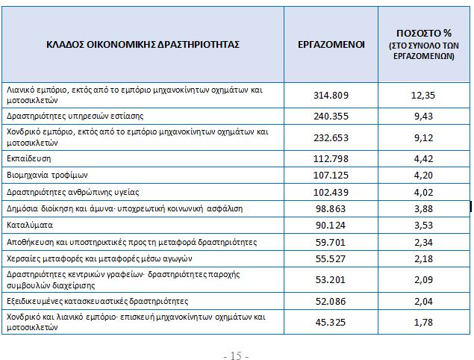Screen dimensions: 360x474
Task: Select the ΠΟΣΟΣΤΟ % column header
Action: pyautogui.click(x=422, y=45)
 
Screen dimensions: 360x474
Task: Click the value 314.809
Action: pyautogui.click(x=330, y=94)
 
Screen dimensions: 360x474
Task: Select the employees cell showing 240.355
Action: pyautogui.click(x=330, y=116)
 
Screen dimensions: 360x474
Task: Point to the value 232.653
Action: pyautogui.click(x=330, y=137)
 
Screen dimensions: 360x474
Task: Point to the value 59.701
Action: pyautogui.click(x=330, y=242)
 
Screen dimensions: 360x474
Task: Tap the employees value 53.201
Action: pyautogui.click(x=330, y=279)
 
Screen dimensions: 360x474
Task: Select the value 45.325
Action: pyautogui.click(x=330, y=322)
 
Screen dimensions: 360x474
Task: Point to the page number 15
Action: pyautogui.click(x=236, y=354)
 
